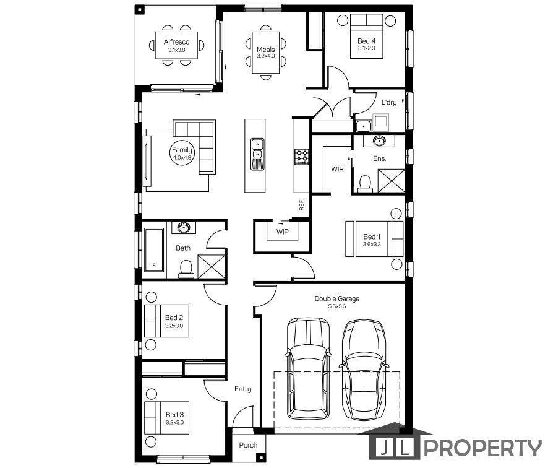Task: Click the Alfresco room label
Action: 176,42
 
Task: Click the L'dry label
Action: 388,102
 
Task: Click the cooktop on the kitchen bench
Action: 302,156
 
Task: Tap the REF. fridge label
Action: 302,205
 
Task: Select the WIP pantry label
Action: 283,232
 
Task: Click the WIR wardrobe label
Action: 337,168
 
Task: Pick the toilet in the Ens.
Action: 365,183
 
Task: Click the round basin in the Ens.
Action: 378,141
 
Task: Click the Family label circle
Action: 182,153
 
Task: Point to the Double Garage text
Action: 336,298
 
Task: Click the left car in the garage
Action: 309,368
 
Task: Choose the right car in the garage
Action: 364,370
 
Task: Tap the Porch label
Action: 248,445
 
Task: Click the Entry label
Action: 242,389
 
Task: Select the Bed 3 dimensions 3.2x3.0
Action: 174,422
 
